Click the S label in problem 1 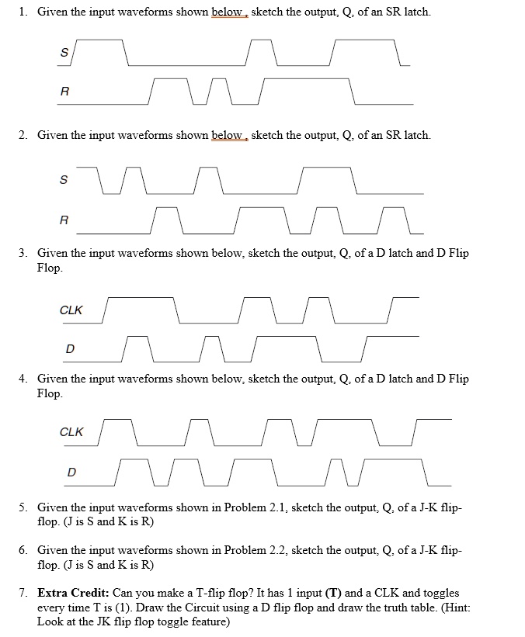click(64, 53)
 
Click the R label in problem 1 click(64, 91)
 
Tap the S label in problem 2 click(64, 179)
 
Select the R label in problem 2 click(64, 220)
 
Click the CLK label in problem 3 click(71, 310)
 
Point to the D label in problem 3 click(70, 349)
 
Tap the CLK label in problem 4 click(71, 432)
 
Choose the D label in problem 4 click(71, 471)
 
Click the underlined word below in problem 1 click(228, 12)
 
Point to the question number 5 click(23, 507)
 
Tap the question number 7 click(23, 593)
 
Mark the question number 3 click(23, 253)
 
